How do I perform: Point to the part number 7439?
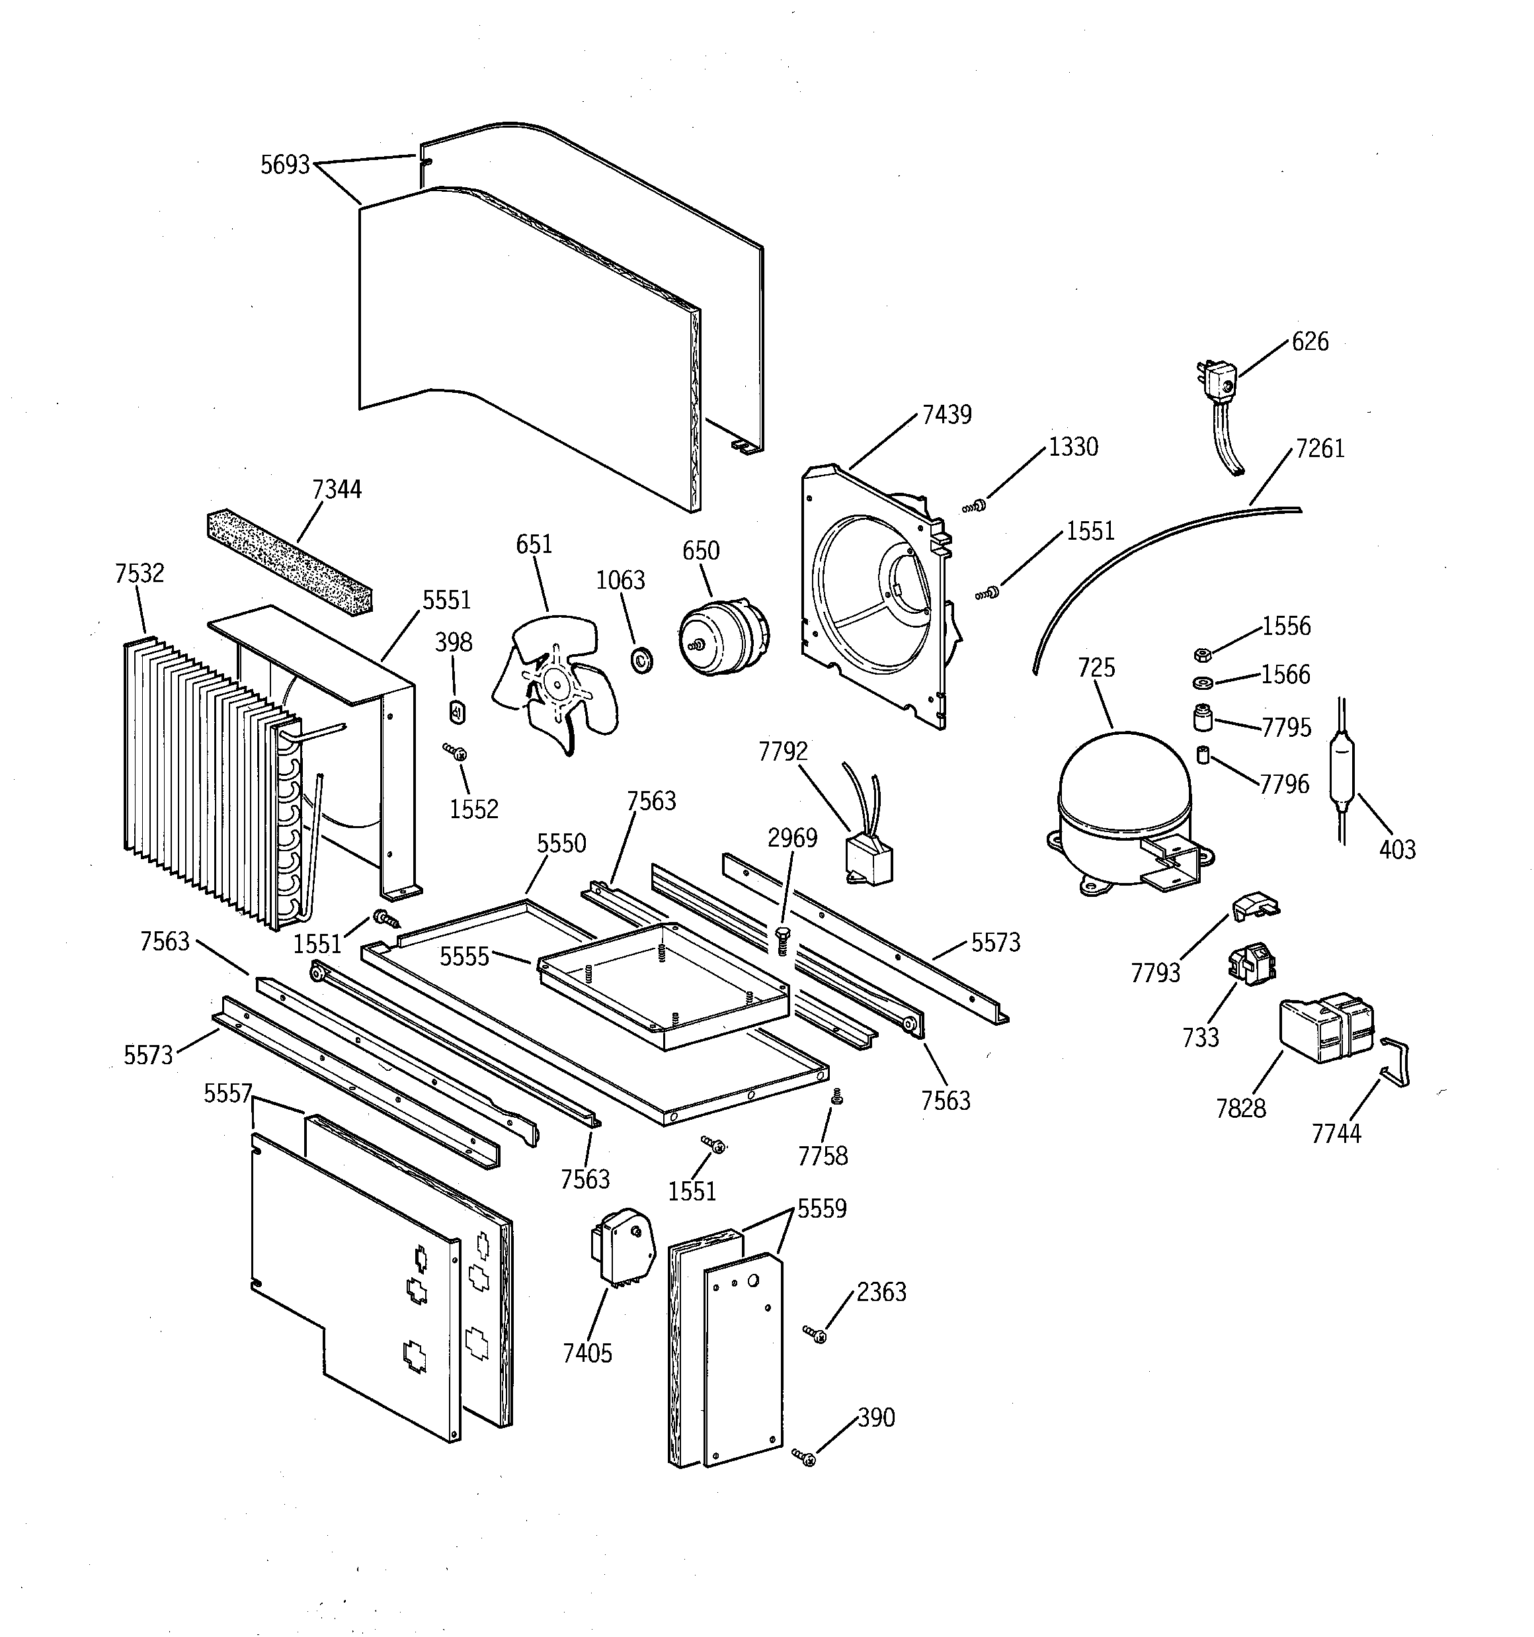946,414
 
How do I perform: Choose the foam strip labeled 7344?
288,558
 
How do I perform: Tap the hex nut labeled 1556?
1201,655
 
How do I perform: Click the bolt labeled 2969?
782,939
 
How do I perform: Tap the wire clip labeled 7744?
1396,1062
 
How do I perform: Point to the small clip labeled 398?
458,710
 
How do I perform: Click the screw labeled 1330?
976,505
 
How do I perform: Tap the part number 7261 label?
1319,449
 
